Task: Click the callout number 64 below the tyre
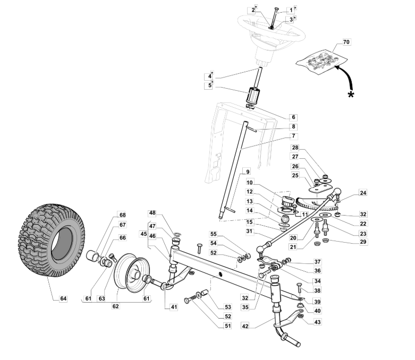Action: point(63,298)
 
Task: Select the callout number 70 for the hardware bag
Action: point(346,42)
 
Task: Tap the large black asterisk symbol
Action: point(351,95)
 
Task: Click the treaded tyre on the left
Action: point(52,241)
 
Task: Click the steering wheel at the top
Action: point(271,32)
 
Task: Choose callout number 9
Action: point(248,172)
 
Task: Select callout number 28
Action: point(295,148)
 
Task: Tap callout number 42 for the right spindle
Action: point(245,326)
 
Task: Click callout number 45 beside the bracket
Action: point(143,234)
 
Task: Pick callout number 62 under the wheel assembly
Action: point(115,306)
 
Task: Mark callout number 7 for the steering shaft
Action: point(293,136)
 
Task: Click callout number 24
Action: point(363,193)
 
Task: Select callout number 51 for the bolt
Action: point(227,326)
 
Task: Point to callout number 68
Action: point(122,215)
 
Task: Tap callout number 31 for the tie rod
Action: point(249,232)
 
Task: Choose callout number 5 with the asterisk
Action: point(209,85)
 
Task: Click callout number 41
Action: point(173,307)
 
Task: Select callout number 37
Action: point(317,262)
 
